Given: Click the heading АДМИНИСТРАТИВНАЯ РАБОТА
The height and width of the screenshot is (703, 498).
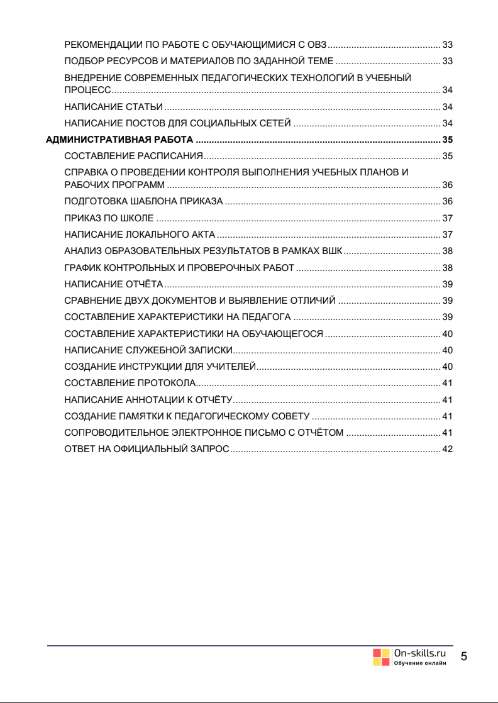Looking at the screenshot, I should pyautogui.click(x=119, y=140).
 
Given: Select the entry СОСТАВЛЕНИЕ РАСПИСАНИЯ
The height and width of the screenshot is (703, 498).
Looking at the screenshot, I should pyautogui.click(x=133, y=156).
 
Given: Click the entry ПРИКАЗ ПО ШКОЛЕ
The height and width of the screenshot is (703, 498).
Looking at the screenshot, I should pyautogui.click(x=109, y=218).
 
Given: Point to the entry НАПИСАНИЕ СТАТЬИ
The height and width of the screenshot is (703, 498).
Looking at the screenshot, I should pyautogui.click(x=114, y=106).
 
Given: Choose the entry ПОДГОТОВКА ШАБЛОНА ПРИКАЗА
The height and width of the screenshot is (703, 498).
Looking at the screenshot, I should pyautogui.click(x=144, y=201).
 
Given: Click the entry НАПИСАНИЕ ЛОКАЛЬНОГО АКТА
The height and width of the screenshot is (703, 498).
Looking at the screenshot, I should pyautogui.click(x=140, y=235).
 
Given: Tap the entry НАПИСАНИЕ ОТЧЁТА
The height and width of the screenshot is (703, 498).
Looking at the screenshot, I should pyautogui.click(x=114, y=284).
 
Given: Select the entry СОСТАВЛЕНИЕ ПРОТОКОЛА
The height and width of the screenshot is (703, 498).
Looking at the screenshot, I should pyautogui.click(x=130, y=383).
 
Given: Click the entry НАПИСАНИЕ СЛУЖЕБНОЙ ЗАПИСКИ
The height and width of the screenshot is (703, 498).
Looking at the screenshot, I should pyautogui.click(x=149, y=350).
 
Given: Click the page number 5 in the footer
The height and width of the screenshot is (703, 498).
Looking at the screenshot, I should pyautogui.click(x=464, y=657).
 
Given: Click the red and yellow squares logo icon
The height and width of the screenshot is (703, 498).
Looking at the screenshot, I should pyautogui.click(x=381, y=657).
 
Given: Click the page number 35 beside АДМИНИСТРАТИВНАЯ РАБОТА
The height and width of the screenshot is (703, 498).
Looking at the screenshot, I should pyautogui.click(x=448, y=140).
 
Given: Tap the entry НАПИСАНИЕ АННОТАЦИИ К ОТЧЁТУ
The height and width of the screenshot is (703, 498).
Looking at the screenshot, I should pyautogui.click(x=149, y=399).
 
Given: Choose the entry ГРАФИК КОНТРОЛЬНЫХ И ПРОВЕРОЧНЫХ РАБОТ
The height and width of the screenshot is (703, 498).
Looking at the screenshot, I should pyautogui.click(x=179, y=267).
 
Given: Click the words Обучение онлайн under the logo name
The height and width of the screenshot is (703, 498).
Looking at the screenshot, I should pyautogui.click(x=420, y=664).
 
